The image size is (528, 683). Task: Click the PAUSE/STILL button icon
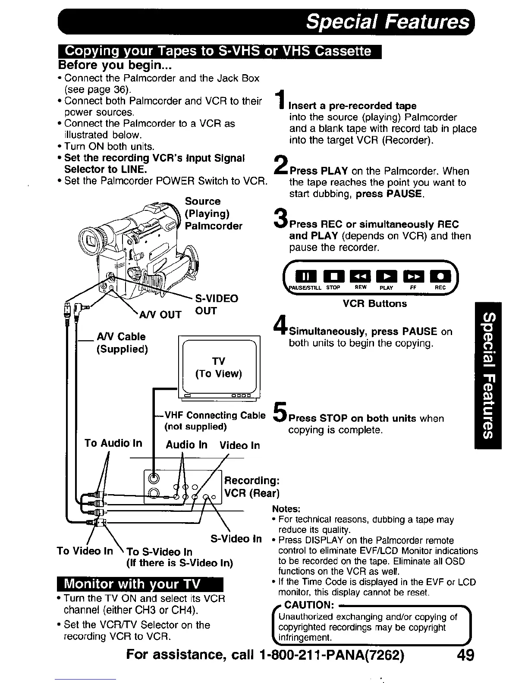pos(305,276)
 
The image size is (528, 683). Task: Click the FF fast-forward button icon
pos(412,276)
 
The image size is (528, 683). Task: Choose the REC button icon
pos(440,276)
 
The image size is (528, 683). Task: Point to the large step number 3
pos(281,218)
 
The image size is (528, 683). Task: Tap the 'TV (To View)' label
pos(219,367)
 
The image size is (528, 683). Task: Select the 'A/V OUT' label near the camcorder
pos(160,315)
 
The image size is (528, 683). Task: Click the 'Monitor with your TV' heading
pos(132,585)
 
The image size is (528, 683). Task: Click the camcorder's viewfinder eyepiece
pos(92,240)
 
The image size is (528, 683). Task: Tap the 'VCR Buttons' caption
pos(374,304)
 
